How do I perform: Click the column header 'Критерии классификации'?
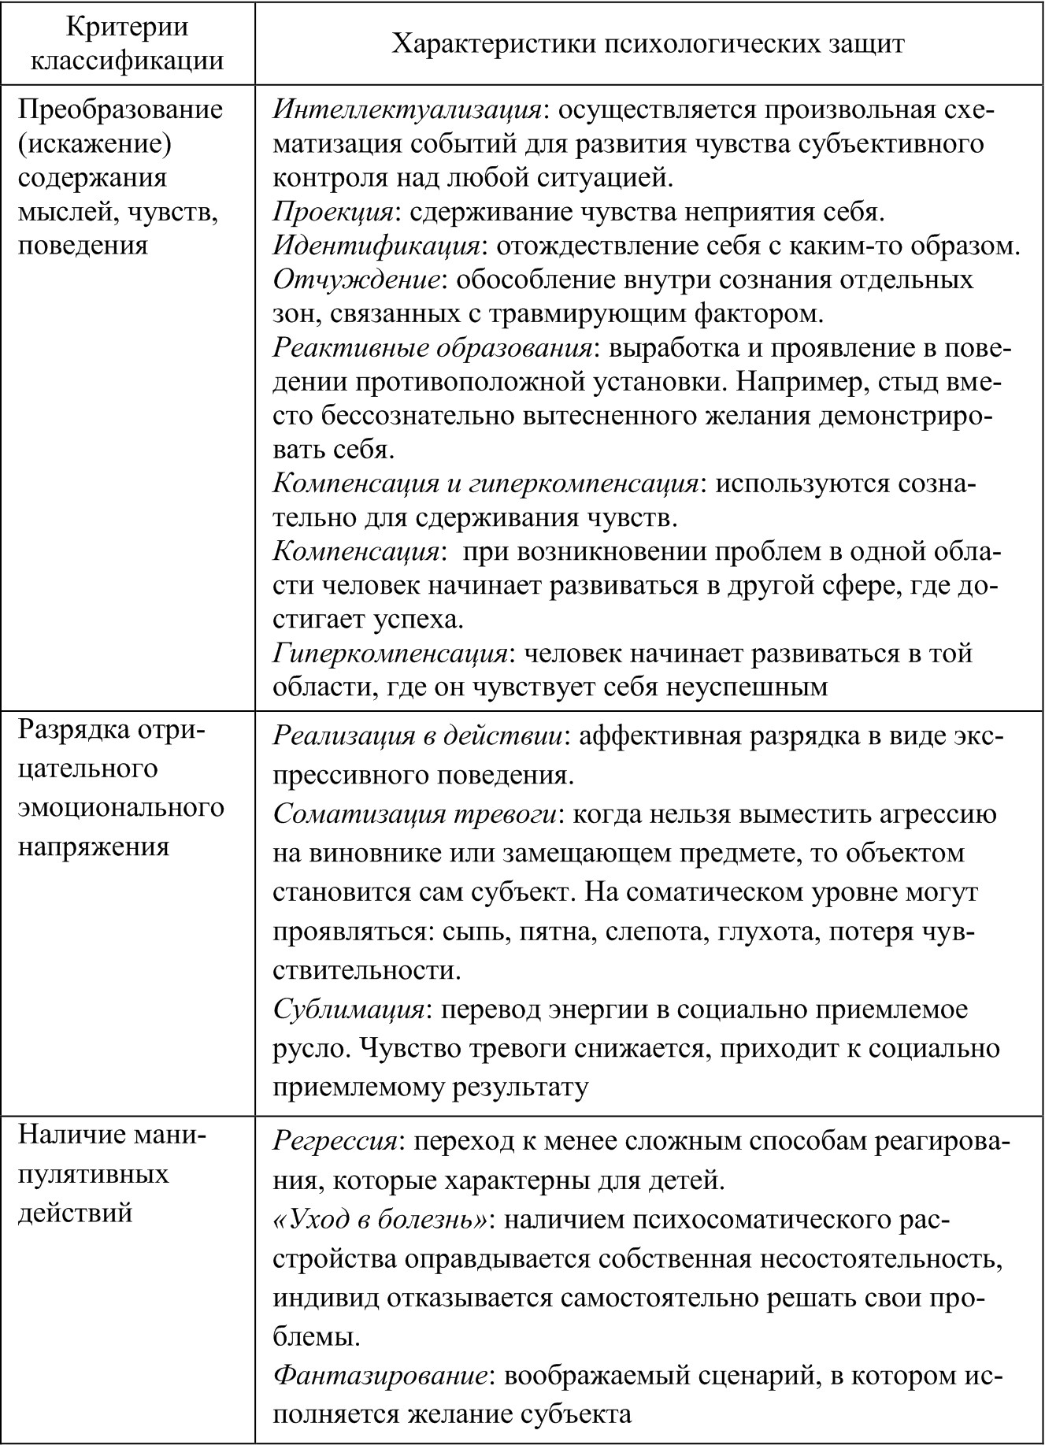(x=128, y=43)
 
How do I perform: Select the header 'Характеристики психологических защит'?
(x=647, y=43)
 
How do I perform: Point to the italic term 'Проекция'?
(x=333, y=211)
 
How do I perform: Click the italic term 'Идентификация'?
(x=376, y=245)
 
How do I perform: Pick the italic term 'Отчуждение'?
(x=355, y=280)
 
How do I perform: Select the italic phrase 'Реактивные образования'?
(x=432, y=348)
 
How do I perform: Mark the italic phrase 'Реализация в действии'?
(x=418, y=735)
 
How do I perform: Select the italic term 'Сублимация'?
(x=349, y=1009)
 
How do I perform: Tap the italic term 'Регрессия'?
(x=335, y=1141)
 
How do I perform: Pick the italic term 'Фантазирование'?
(x=379, y=1376)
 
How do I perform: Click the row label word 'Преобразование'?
(x=120, y=109)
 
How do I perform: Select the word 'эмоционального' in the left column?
(x=120, y=806)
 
